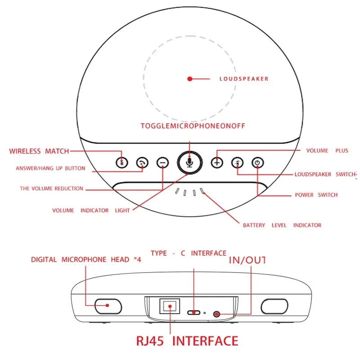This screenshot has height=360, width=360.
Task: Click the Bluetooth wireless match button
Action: click(121, 162)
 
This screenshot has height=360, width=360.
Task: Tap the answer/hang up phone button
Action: click(142, 163)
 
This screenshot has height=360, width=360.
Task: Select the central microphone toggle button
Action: click(189, 162)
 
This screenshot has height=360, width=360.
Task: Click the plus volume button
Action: click(217, 162)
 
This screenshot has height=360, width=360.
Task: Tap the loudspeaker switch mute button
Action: click(237, 162)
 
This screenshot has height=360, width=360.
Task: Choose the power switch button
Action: click(257, 162)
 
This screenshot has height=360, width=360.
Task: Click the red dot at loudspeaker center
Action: click(189, 79)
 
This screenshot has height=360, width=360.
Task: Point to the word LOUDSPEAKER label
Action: click(244, 79)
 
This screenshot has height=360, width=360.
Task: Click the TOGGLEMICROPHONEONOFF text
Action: click(193, 126)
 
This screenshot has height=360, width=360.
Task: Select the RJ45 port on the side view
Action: click(170, 306)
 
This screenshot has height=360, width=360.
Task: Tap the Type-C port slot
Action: click(194, 312)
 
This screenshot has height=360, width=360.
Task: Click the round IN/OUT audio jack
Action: click(216, 314)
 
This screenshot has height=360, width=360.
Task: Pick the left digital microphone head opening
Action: click(108, 306)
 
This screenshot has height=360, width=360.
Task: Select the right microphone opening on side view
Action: click(274, 306)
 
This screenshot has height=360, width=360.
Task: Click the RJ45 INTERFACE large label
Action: click(187, 341)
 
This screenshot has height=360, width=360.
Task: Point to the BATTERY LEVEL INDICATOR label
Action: click(282, 225)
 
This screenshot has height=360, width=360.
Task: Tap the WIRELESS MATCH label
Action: click(39, 151)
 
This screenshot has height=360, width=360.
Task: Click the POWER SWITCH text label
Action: click(316, 195)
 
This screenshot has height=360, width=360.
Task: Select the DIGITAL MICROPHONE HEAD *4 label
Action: click(86, 260)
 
